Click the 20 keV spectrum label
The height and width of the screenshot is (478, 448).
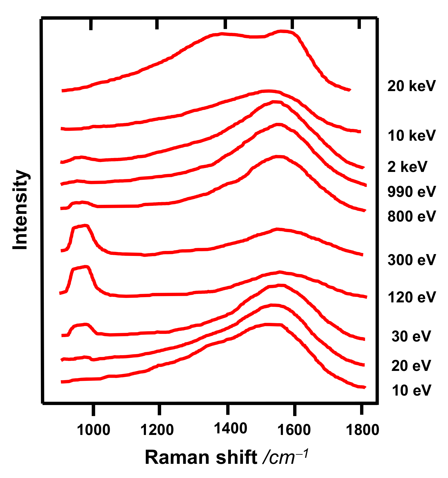pos(411,86)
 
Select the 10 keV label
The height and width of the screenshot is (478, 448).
pos(411,136)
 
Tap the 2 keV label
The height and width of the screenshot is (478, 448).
pos(407,167)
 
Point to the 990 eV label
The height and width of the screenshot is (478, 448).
pos(411,192)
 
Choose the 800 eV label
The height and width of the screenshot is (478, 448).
pos(411,216)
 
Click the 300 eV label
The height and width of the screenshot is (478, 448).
pos(411,260)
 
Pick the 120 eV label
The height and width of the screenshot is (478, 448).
pos(411,297)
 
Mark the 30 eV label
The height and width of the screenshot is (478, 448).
pos(411,336)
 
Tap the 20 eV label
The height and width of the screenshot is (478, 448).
pos(411,366)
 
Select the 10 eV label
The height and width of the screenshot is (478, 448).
pos(411,390)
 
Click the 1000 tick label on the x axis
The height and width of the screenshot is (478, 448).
pos(93,430)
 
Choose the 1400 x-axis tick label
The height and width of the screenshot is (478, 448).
pos(230,428)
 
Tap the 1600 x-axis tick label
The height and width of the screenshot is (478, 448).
pos(294,430)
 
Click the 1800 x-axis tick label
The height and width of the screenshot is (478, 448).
pos(363,430)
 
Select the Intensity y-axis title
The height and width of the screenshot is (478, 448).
pos(20,210)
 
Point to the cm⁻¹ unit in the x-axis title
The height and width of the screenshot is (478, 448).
pos(285,457)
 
